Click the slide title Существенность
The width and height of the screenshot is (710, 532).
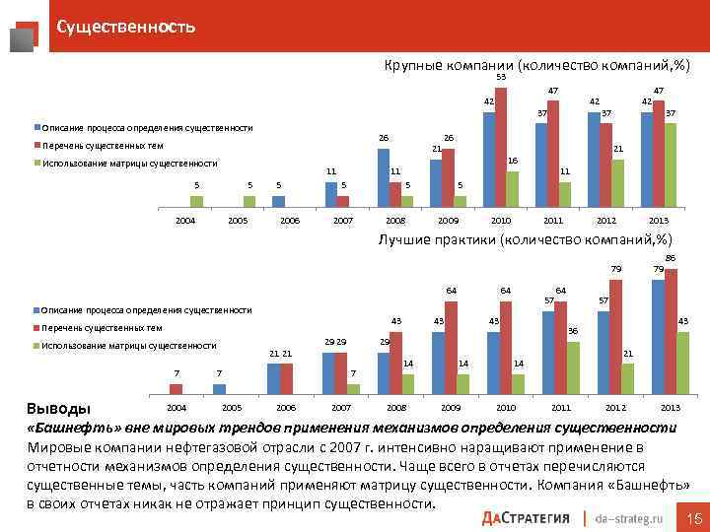click(125, 27)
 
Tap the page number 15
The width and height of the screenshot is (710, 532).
click(692, 516)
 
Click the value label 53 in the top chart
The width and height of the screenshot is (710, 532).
click(501, 78)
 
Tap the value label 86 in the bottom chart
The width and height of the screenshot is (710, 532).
click(671, 258)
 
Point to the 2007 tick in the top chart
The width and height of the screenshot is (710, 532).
click(343, 221)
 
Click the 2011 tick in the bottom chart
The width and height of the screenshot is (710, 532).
click(560, 407)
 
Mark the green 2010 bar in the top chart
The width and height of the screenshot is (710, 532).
click(513, 188)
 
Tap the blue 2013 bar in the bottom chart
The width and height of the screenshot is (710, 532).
click(658, 336)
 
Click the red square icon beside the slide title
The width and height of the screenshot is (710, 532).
click(28, 33)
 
